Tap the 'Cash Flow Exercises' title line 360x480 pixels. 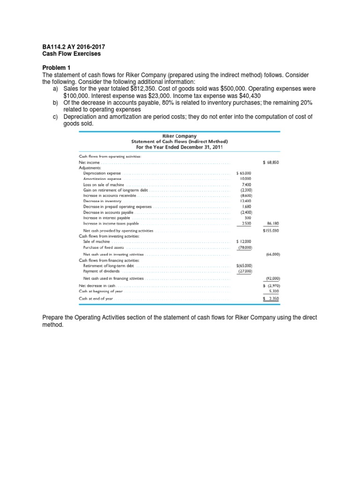coord(69,54)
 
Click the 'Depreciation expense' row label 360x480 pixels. coord(102,173)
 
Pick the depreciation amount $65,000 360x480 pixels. coord(244,173)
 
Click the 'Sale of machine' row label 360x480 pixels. coord(97,241)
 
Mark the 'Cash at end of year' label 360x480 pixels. coord(96,298)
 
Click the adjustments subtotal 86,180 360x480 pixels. coord(273,224)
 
